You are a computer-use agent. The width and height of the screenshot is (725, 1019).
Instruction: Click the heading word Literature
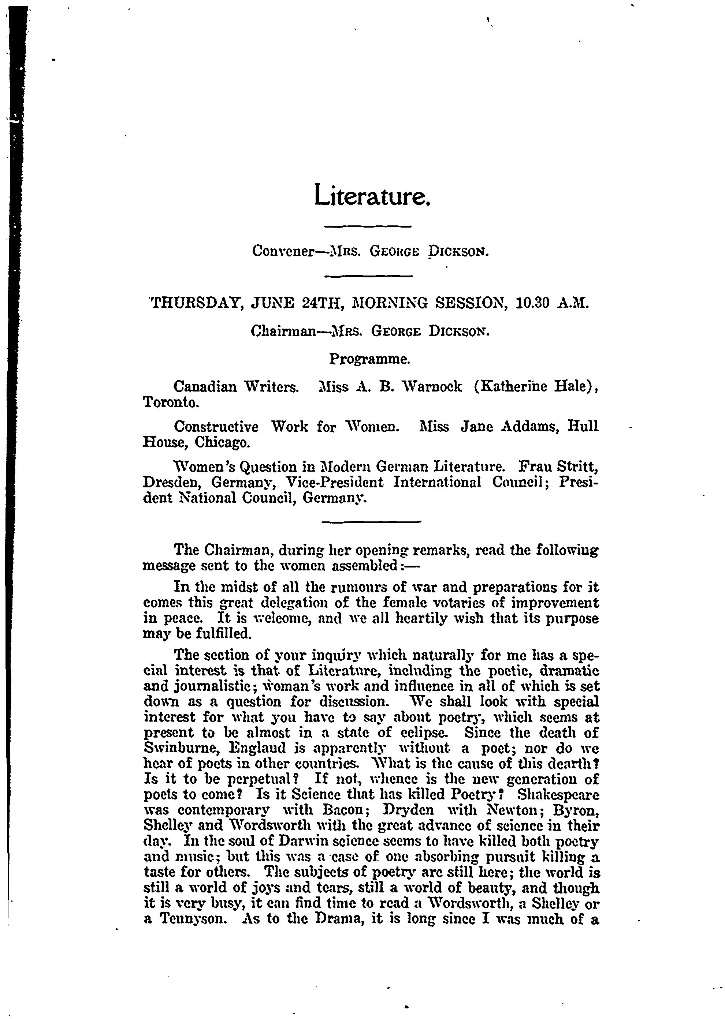(x=372, y=195)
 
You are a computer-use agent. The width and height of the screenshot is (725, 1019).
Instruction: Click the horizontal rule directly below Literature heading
(x=367, y=227)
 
